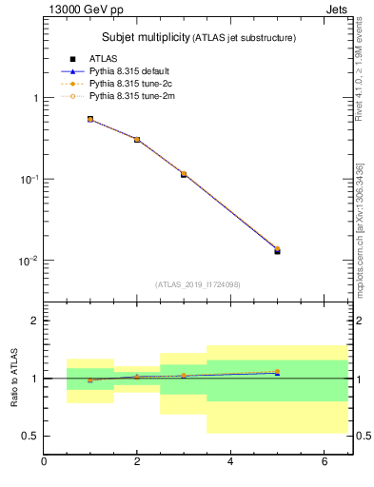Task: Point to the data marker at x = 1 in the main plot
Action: point(90,120)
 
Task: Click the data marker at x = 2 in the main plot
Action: point(137,140)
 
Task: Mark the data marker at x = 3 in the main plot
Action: point(184,174)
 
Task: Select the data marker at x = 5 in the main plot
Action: point(277,250)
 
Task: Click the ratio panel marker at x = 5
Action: point(277,372)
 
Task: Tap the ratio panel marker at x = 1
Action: point(90,380)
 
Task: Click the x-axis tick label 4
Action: point(230,461)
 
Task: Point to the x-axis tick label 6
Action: point(324,461)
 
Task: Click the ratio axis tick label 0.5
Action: point(30,436)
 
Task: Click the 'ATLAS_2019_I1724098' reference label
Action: point(198,284)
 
